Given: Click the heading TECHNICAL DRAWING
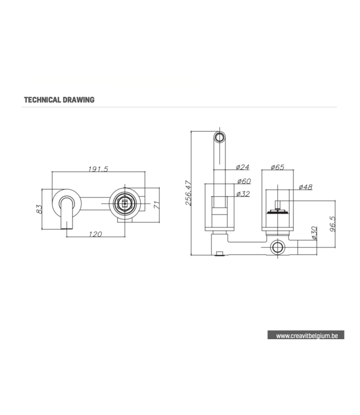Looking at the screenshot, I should click(59, 100).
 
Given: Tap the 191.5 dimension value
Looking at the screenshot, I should click(99, 169).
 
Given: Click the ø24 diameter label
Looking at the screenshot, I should click(243, 167).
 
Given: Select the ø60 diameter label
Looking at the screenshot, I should click(243, 181).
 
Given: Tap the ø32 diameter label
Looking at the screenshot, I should click(243, 194).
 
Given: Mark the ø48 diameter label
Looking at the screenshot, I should click(305, 187).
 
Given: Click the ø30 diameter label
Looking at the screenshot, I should click(314, 232).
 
